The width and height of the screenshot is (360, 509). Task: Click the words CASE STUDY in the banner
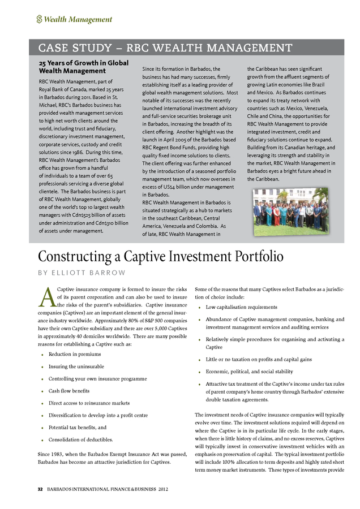[x=74, y=48]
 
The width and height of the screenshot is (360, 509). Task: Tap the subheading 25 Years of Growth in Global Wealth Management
[x=83, y=67]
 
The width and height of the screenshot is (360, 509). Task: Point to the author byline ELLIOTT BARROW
[x=82, y=273]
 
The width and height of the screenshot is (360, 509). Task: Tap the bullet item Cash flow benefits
[x=68, y=391]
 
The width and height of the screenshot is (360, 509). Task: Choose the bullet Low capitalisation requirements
[x=242, y=307]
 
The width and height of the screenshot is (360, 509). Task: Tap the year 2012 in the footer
[x=163, y=489]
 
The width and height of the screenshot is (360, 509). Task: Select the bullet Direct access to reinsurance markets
[x=89, y=403]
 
